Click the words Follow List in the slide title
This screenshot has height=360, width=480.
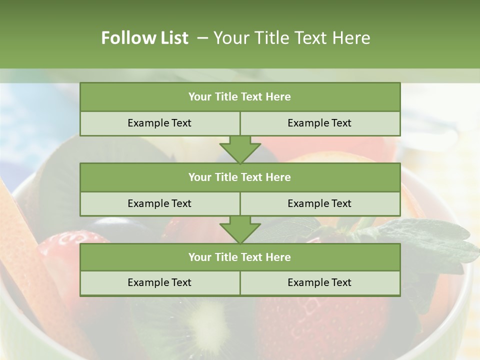point(144,38)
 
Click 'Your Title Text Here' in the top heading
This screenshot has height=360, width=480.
point(291,38)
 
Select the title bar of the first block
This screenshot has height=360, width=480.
point(240,97)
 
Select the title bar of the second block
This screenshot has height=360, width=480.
point(240,177)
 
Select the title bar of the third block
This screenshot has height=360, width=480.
point(240,257)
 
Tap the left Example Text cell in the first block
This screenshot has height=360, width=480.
point(159,123)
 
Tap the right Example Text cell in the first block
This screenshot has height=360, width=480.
point(319,123)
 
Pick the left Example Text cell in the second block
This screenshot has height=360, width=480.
point(159,203)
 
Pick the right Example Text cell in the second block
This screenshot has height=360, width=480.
point(319,203)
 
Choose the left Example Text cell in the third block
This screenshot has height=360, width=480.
point(159,282)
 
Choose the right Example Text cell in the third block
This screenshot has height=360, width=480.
point(319,282)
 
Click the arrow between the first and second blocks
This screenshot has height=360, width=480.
point(240,149)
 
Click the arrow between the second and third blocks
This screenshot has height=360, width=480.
point(240,229)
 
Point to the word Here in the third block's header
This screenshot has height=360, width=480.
point(278,257)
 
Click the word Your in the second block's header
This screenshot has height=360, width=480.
point(199,177)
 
